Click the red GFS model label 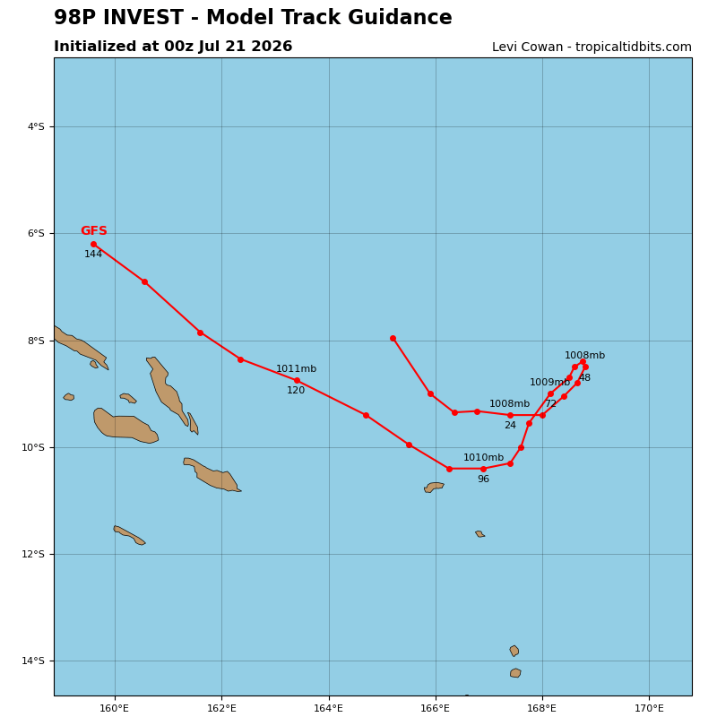94,231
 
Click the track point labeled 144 94,244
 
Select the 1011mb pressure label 296,368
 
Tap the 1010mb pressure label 483,457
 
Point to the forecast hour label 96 483,479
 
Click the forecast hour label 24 510,425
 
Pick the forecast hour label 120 296,390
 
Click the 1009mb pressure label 549,383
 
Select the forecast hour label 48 585,377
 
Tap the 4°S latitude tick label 36,126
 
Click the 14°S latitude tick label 33,661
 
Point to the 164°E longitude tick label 328,708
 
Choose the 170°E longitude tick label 649,708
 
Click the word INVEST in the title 143,17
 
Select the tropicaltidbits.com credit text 634,48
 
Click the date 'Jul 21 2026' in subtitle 245,47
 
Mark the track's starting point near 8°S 393,339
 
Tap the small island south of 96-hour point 434,487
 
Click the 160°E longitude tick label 115,708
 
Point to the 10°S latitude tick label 33,447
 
